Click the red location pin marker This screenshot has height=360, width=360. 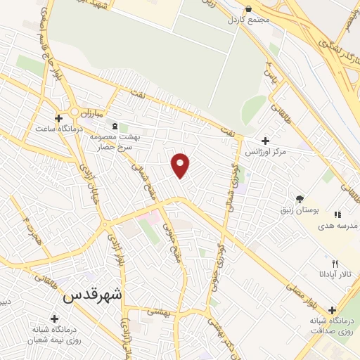click(181, 165)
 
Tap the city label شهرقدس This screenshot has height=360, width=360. click(92, 295)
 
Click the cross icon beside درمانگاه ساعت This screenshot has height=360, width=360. click(59, 118)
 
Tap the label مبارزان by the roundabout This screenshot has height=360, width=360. click(91, 112)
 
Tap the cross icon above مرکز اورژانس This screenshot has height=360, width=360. click(265, 141)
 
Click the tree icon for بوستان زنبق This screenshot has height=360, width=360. click(300, 199)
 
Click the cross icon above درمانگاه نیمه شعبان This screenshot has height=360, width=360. click(54, 319)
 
